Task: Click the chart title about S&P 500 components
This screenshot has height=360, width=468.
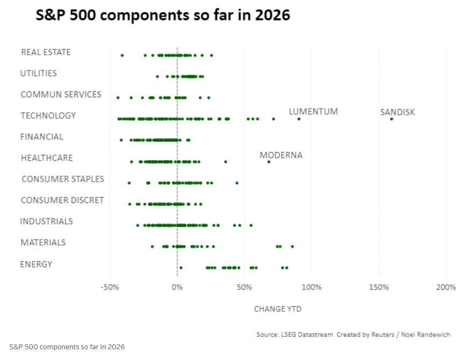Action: pyautogui.click(x=163, y=16)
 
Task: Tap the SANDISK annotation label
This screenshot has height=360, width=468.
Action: pyautogui.click(x=398, y=112)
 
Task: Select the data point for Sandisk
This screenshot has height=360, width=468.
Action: pyautogui.click(x=391, y=119)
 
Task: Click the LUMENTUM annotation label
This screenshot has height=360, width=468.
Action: pyautogui.click(x=313, y=112)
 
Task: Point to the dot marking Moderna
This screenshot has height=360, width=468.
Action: pyautogui.click(x=269, y=162)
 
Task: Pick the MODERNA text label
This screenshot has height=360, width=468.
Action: pyautogui.click(x=281, y=155)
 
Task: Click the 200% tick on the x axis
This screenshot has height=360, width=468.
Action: pyautogui.click(x=446, y=287)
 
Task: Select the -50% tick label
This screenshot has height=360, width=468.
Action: pyautogui.click(x=110, y=287)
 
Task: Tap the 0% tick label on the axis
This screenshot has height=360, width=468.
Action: pyautogui.click(x=177, y=287)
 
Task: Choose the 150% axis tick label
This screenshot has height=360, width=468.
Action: pyautogui.click(x=379, y=287)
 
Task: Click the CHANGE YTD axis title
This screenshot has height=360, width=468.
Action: pyautogui.click(x=277, y=309)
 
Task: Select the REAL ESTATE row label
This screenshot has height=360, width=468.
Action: pyautogui.click(x=46, y=52)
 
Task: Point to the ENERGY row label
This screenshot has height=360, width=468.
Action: pyautogui.click(x=36, y=264)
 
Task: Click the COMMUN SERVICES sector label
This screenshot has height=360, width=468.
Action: pyautogui.click(x=61, y=95)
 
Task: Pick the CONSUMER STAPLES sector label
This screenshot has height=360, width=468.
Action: pyautogui.click(x=62, y=179)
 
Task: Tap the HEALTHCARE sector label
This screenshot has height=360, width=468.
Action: pyautogui.click(x=47, y=158)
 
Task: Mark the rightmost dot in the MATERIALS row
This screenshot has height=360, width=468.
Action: pyautogui.click(x=292, y=246)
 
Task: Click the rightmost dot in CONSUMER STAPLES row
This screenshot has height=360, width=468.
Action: pyautogui.click(x=236, y=183)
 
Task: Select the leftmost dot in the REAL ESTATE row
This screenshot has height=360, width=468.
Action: pyautogui.click(x=122, y=55)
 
